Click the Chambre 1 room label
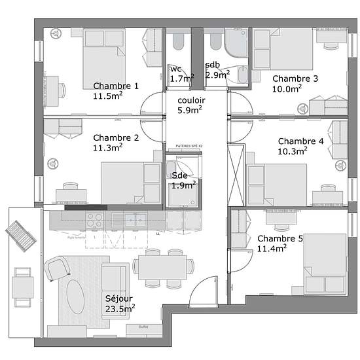pos(116,86)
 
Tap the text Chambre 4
pos(300,141)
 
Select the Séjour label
pos(119,298)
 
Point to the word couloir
pos(191,100)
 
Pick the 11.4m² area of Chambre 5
pos(272,249)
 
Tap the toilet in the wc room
pos(177,44)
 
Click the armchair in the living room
pos(57,268)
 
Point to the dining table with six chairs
pos(164,266)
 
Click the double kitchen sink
pos(134,220)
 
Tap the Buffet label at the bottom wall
pos(144,327)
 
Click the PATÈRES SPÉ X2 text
pos(189,145)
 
